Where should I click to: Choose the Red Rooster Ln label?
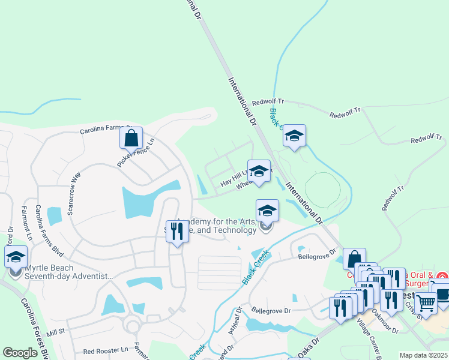click(x=106, y=350)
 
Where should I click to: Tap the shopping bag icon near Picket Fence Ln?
click(x=131, y=138)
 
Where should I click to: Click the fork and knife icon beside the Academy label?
click(x=176, y=231)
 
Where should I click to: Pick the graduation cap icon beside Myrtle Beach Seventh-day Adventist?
click(x=16, y=257)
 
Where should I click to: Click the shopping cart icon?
click(x=426, y=304)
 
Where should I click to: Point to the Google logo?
click(x=20, y=353)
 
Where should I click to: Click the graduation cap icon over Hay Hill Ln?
click(x=259, y=171)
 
